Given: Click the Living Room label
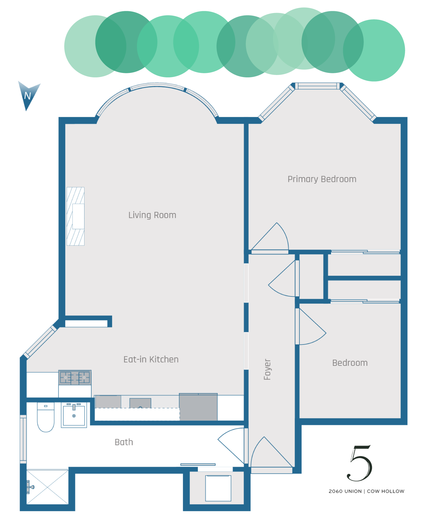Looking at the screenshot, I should (152, 215).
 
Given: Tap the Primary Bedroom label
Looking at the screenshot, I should (322, 179).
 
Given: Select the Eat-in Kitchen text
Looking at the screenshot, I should (151, 359).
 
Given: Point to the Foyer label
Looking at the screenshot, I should (267, 369).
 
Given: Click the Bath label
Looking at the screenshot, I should (124, 442).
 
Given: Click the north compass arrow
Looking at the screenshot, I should (28, 95).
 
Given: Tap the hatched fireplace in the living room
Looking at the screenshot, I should (76, 216).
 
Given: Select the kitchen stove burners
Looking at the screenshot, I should (75, 378).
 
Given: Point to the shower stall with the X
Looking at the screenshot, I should (47, 487).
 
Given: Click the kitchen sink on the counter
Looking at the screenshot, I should (140, 403).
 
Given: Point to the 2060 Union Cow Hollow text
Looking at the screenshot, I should (366, 491).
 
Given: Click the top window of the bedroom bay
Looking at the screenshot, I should (317, 86).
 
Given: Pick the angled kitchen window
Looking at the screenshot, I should (40, 342).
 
